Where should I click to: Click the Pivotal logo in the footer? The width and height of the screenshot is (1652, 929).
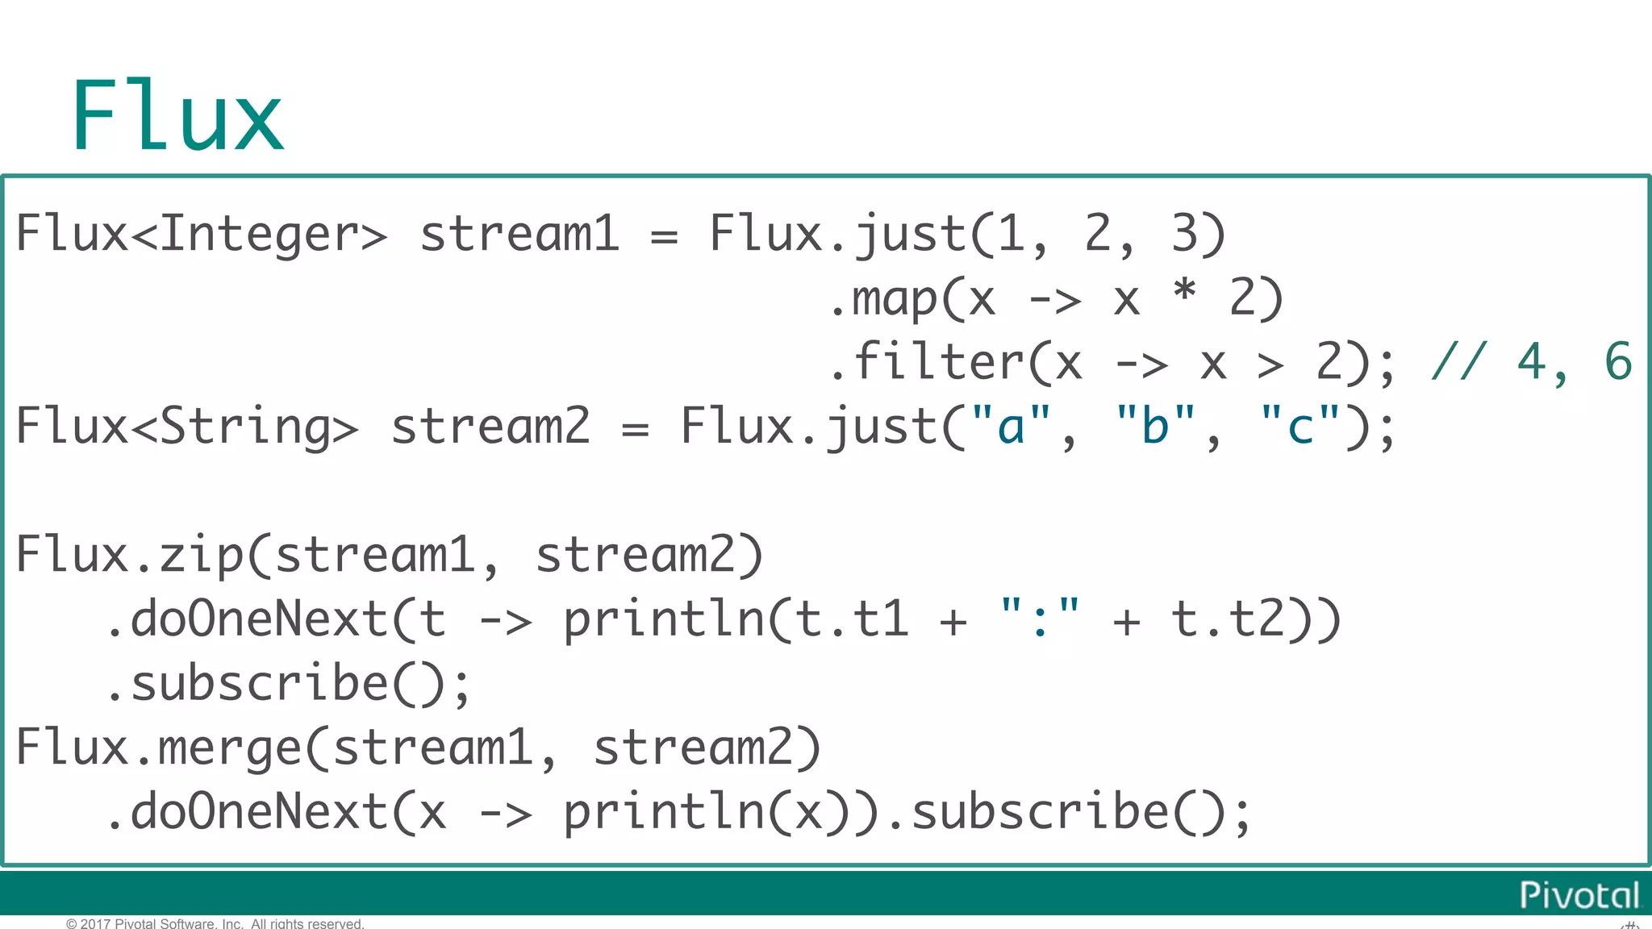(1579, 895)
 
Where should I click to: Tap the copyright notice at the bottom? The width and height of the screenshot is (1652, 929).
(215, 923)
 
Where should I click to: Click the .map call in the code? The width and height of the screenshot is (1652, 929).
(884, 298)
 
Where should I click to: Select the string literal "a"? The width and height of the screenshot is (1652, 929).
(1012, 426)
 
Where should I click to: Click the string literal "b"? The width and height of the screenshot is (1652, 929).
(1155, 426)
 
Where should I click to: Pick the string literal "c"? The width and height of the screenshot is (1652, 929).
(1299, 426)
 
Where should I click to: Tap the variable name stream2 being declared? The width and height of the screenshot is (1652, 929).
(490, 426)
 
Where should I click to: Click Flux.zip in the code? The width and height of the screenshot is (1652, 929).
(129, 555)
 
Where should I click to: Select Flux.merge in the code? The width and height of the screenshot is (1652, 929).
(158, 748)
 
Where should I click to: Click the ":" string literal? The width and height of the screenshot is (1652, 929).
(1040, 619)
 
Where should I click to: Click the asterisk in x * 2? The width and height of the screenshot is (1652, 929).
(1184, 290)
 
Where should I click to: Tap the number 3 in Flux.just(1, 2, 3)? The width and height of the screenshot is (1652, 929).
(1184, 234)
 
